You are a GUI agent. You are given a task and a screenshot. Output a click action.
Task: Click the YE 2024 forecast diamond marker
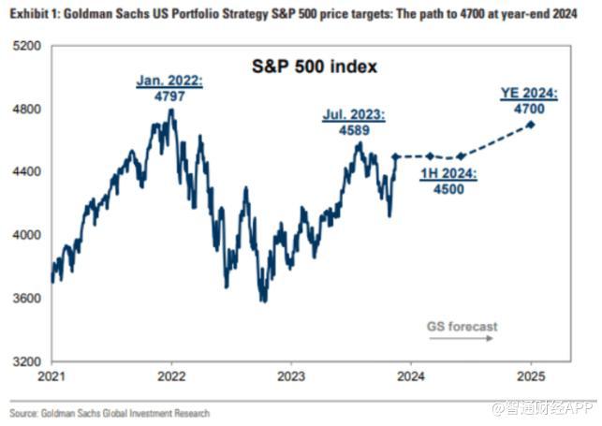[x=532, y=125]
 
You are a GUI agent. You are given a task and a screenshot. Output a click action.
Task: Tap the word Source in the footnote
[x=24, y=413]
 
